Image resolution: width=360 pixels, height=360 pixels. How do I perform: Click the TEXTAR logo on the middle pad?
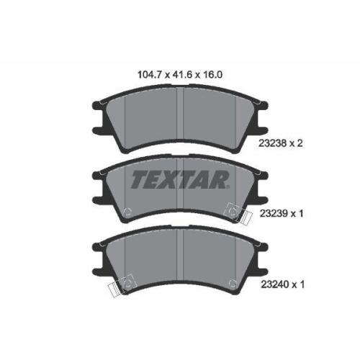(180, 179)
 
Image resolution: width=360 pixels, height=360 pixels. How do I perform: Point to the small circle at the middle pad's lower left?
(127, 212)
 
